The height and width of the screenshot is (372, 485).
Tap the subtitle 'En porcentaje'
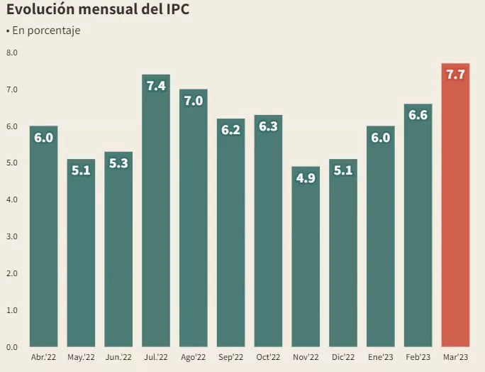click(x=46, y=31)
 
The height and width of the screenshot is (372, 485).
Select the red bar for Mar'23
click(x=455, y=213)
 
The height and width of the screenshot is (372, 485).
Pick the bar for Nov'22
click(x=306, y=263)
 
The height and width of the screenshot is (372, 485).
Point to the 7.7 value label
click(x=455, y=74)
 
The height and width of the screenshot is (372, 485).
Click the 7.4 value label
click(x=155, y=86)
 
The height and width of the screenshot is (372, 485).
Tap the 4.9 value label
click(x=306, y=178)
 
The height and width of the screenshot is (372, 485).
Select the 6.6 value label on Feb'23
click(x=418, y=115)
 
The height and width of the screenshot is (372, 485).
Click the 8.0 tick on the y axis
click(x=11, y=53)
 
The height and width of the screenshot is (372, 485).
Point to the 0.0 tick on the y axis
click(x=11, y=347)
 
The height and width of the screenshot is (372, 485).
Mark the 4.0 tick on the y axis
click(x=11, y=200)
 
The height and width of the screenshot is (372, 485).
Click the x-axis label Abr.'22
click(x=43, y=357)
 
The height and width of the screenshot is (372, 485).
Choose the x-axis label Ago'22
click(x=193, y=357)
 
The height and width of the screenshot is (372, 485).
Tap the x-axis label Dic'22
click(x=343, y=357)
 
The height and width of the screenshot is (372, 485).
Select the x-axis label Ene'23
click(x=380, y=357)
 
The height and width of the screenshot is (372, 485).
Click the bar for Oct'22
click(x=268, y=234)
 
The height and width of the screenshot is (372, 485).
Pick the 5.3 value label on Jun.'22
click(x=118, y=163)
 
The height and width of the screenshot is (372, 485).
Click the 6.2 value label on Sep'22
click(x=230, y=130)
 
